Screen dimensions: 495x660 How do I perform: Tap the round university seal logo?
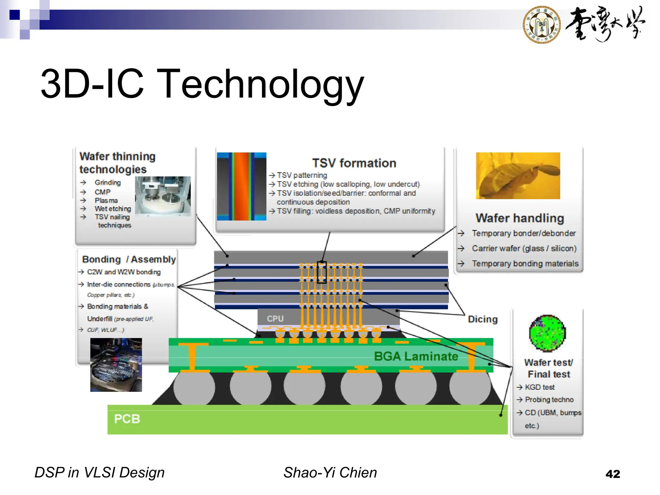tap(541, 24)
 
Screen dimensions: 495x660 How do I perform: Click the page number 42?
tap(613, 474)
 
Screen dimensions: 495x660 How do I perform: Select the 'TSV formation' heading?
tap(354, 163)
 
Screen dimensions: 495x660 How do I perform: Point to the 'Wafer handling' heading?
tap(519, 218)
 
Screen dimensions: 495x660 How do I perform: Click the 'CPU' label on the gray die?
tap(275, 319)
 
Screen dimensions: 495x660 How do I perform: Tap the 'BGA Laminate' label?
tap(416, 356)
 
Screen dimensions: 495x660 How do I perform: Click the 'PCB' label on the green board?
tap(127, 419)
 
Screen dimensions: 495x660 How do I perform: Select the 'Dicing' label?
tap(482, 319)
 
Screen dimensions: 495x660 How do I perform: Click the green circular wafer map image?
tap(547, 333)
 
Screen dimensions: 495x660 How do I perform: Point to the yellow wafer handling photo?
tap(518, 176)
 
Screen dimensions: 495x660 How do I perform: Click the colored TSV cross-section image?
tap(241, 186)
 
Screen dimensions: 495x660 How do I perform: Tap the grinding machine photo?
tap(163, 196)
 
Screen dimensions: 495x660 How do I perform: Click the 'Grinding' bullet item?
tap(108, 182)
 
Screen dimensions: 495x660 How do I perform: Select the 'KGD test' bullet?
tap(539, 387)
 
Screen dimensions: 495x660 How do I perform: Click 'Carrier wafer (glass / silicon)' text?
tap(524, 248)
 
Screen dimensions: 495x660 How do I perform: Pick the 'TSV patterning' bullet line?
tap(302, 175)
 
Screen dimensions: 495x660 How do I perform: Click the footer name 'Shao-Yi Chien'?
tap(330, 472)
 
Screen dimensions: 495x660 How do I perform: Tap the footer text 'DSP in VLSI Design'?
tap(100, 472)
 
